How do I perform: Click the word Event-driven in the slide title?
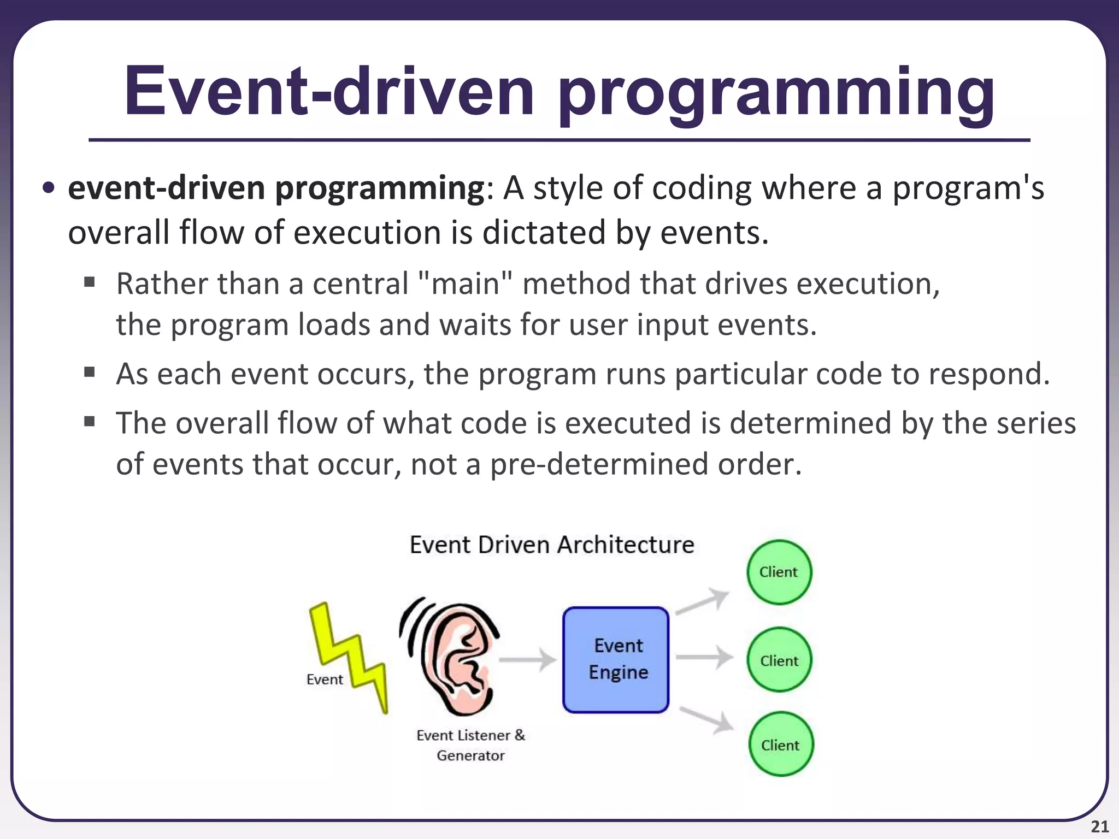point(328,92)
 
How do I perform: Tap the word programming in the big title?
point(776,94)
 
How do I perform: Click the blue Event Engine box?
point(616,659)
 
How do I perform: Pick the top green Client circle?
point(779,572)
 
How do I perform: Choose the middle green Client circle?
point(779,660)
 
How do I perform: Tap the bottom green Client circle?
point(780,744)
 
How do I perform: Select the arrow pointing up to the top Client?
point(703,602)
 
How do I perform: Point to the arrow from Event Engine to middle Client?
point(704,657)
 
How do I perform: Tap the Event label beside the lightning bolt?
point(325,680)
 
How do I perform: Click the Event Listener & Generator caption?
point(470,745)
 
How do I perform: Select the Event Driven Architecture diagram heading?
point(552,545)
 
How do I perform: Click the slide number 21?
point(1099,827)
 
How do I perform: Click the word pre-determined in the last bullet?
point(598,464)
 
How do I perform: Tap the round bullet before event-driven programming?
point(49,188)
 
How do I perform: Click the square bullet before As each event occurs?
point(90,373)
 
